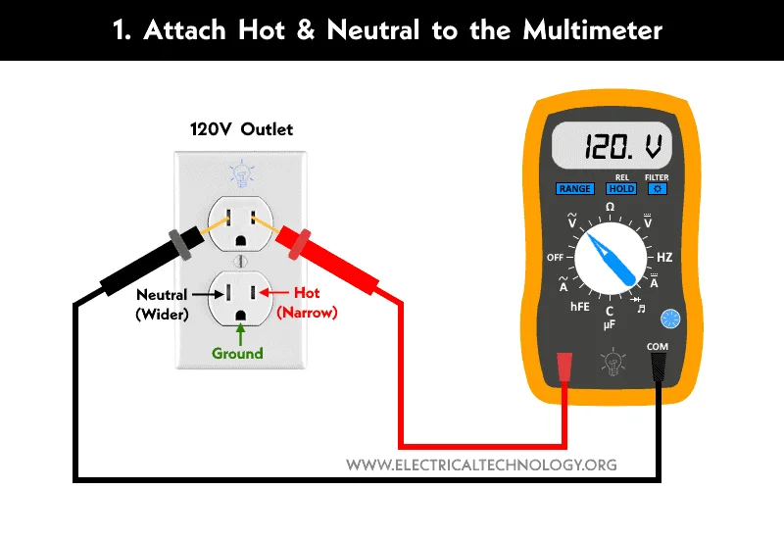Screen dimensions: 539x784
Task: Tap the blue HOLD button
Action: tap(621, 188)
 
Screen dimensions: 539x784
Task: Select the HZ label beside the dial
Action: tap(664, 258)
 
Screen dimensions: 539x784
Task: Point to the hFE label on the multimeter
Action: tap(580, 307)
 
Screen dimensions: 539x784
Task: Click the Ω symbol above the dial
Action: tap(610, 208)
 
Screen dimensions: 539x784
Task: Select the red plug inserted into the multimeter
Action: tap(563, 367)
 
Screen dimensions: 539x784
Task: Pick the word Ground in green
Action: tap(238, 353)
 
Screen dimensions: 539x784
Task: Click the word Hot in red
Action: tap(307, 293)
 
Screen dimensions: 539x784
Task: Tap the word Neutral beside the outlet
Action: tap(162, 294)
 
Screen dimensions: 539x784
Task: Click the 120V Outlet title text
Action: tap(241, 129)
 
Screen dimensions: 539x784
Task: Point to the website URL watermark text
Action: tap(482, 465)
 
